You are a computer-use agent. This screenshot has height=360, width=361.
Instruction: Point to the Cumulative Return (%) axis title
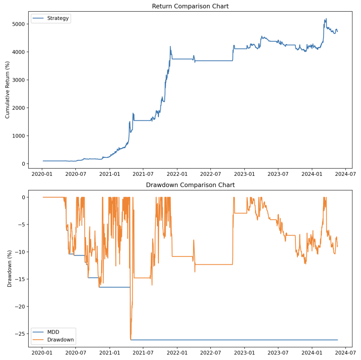8,90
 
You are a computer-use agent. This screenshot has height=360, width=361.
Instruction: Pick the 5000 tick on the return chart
21,24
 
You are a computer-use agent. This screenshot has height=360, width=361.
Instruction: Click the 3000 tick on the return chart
21,80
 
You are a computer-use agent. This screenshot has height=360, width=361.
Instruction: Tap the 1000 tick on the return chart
21,136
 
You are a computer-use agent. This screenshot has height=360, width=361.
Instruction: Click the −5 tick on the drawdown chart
22,224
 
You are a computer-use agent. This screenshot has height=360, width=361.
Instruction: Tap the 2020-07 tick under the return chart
75,173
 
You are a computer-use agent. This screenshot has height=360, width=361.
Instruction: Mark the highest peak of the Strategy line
326,19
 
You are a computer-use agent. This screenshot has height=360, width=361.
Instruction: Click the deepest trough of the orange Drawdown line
131,339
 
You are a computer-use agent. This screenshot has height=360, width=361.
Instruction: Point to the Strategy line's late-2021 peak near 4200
170,47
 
